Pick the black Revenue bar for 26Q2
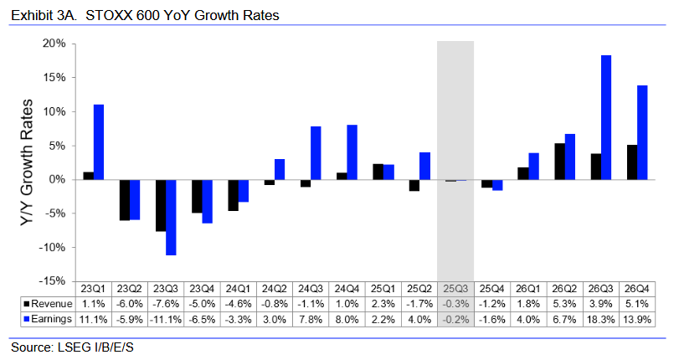click(558, 162)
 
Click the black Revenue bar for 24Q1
click(233, 195)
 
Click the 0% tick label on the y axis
click(57, 179)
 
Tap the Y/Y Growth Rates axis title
click(27, 162)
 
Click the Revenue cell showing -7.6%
click(165, 303)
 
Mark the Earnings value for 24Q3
click(310, 318)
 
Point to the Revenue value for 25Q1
click(383, 303)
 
